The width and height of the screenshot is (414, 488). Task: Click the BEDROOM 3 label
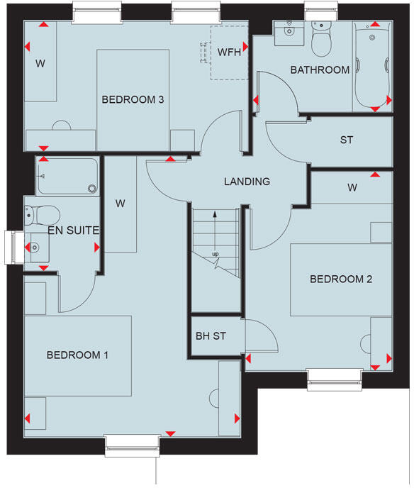tap(133, 100)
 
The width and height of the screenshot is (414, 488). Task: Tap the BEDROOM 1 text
tap(77, 355)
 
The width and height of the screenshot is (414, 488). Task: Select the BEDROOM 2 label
tap(341, 279)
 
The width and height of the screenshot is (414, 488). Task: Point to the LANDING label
tap(247, 182)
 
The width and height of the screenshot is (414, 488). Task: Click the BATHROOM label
tap(320, 70)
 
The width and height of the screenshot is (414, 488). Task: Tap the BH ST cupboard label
tap(210, 335)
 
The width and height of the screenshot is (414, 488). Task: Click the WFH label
tap(230, 52)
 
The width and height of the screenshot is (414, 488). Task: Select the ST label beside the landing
tap(346, 140)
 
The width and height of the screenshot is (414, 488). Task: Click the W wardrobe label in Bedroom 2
tap(352, 188)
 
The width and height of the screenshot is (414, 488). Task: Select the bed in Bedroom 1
tap(78, 355)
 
